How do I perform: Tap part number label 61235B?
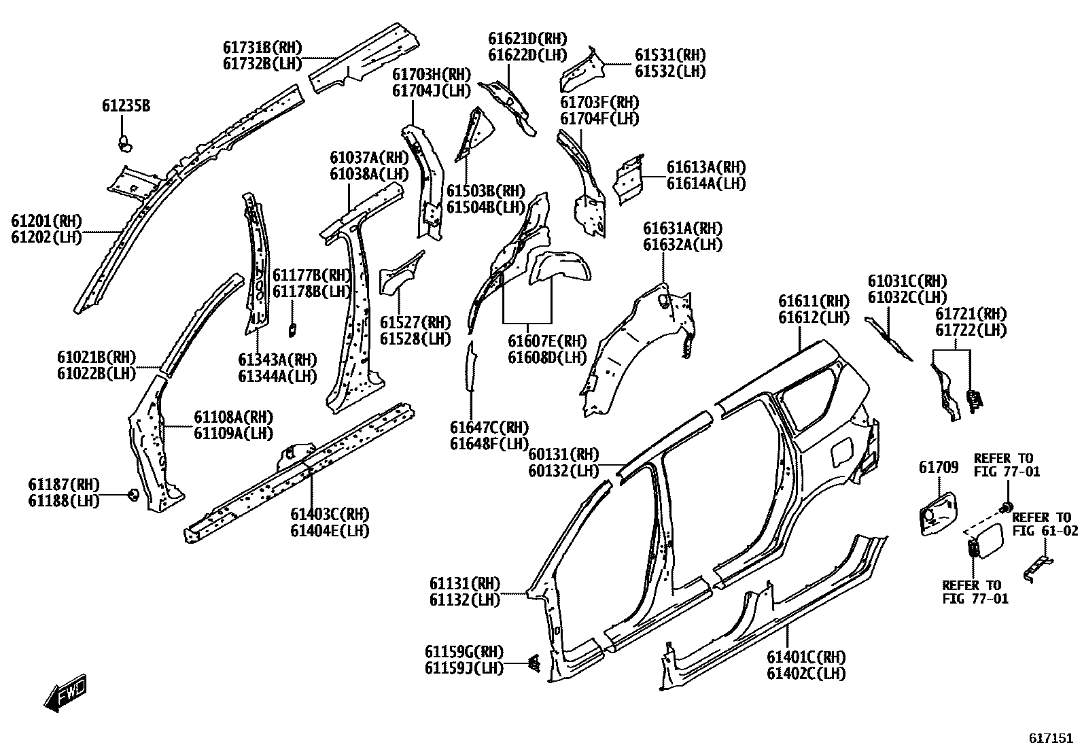click(126, 106)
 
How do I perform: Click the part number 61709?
click(939, 467)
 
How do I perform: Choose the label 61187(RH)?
click(64, 485)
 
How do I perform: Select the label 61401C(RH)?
click(806, 657)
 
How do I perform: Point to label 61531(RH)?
click(670, 55)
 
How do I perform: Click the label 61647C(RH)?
click(489, 428)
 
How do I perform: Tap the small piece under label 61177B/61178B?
click(293, 329)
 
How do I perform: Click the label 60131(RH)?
click(563, 454)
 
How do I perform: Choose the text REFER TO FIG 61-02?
click(1041, 524)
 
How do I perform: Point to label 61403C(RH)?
click(330, 514)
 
